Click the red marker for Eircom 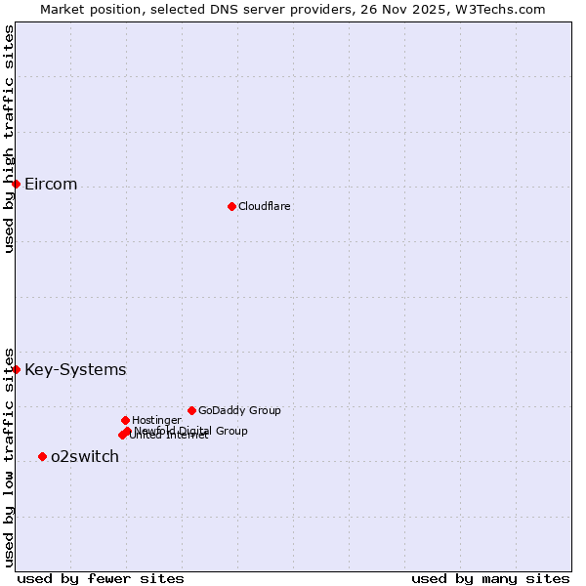pyautogui.click(x=16, y=184)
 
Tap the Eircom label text pyautogui.click(x=51, y=185)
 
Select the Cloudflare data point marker pyautogui.click(x=231, y=206)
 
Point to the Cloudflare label pyautogui.click(x=265, y=207)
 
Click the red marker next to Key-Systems pyautogui.click(x=16, y=369)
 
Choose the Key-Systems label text pyautogui.click(x=75, y=370)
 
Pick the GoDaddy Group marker pyautogui.click(x=191, y=410)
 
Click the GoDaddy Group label pyautogui.click(x=239, y=411)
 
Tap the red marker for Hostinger pyautogui.click(x=125, y=420)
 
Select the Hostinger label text pyautogui.click(x=156, y=421)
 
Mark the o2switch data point pyautogui.click(x=42, y=456)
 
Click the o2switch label pyautogui.click(x=85, y=457)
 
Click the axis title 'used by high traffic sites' pyautogui.click(x=9, y=139)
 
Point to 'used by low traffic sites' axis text pyautogui.click(x=9, y=457)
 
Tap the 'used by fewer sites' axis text pyautogui.click(x=101, y=578)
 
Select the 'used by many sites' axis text pyautogui.click(x=490, y=578)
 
